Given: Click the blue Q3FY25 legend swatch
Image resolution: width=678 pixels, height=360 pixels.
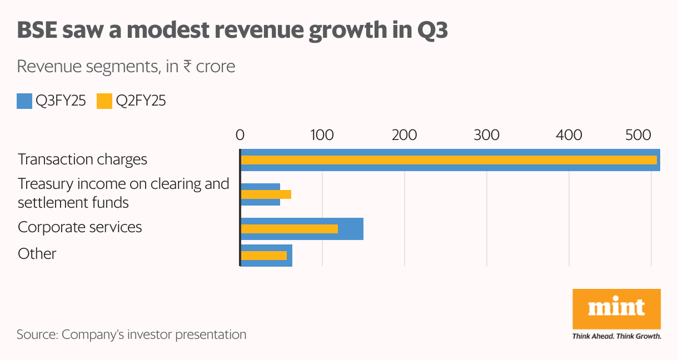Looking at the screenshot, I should click(x=24, y=102).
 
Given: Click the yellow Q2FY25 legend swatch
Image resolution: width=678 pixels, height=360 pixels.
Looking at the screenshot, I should click(x=104, y=102).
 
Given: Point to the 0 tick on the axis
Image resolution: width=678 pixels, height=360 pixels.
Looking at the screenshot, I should click(x=240, y=135).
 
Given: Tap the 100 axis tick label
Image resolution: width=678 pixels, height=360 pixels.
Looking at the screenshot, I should click(x=322, y=135).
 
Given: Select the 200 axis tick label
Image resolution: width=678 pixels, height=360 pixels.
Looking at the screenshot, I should click(x=404, y=135).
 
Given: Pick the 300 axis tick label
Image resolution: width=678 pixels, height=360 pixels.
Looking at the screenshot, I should click(x=486, y=135).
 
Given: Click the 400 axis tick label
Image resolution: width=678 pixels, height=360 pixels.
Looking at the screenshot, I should click(x=569, y=135).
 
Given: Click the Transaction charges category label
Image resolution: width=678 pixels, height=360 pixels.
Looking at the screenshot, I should click(x=82, y=159).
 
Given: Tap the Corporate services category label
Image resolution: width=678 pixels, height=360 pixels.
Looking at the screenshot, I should click(x=80, y=227).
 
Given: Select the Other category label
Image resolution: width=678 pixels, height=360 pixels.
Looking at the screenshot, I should click(x=37, y=254).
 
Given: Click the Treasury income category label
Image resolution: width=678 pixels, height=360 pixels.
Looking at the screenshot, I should click(x=123, y=193).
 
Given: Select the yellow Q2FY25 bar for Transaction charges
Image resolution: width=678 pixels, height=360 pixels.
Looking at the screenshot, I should click(x=448, y=160).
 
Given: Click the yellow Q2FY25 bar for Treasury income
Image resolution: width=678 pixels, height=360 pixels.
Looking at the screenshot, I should click(x=266, y=194).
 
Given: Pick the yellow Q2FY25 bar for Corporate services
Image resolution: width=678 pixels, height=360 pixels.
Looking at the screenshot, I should click(x=290, y=228).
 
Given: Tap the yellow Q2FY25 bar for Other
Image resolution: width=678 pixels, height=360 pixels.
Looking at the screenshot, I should click(x=264, y=256).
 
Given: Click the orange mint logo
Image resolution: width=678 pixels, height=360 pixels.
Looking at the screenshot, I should click(x=616, y=308).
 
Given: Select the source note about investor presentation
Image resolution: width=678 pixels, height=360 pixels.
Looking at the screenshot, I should click(x=131, y=334).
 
